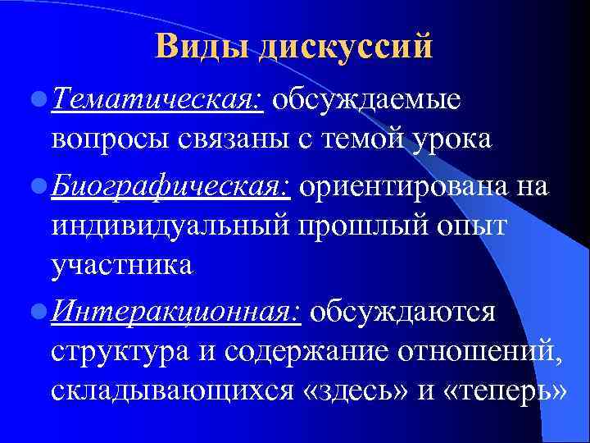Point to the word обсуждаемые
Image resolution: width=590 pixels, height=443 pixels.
tap(368, 100)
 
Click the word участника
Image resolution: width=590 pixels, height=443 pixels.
tap(121, 264)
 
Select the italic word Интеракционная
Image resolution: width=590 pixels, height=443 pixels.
tap(176, 312)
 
